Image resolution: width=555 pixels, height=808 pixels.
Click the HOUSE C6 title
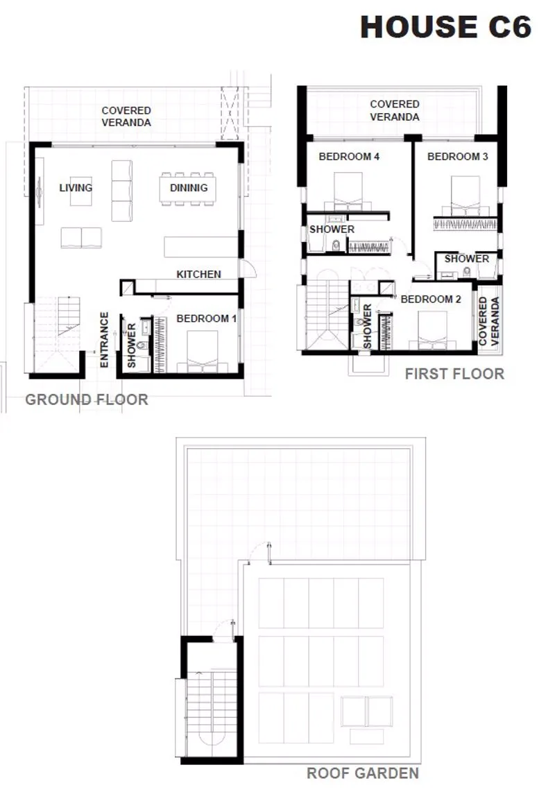pyautogui.click(x=446, y=27)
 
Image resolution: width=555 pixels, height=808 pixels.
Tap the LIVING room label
pyautogui.click(x=76, y=187)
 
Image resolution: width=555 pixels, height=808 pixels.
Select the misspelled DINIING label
pyautogui.click(x=189, y=187)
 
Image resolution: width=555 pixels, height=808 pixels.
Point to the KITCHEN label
pyautogui.click(x=199, y=274)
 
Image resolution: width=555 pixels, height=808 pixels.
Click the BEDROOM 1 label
pyautogui.click(x=206, y=318)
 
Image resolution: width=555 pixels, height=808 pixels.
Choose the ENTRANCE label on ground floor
pyautogui.click(x=104, y=340)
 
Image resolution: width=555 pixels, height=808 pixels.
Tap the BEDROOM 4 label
pyautogui.click(x=349, y=156)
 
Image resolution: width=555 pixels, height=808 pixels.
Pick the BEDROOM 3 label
pyautogui.click(x=458, y=156)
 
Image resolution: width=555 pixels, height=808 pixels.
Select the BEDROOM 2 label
pyautogui.click(x=431, y=299)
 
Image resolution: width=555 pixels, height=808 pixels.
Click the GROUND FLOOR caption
pyautogui.click(x=87, y=399)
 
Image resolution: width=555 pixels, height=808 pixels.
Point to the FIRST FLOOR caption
pyautogui.click(x=454, y=374)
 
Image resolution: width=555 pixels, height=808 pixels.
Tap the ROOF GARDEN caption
pyautogui.click(x=363, y=773)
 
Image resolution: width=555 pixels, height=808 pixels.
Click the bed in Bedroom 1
pyautogui.click(x=203, y=352)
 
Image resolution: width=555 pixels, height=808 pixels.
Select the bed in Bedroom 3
pyautogui.click(x=466, y=196)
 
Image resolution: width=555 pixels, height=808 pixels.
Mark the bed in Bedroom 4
pyautogui.click(x=348, y=191)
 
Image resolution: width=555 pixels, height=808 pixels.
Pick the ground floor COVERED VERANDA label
pyautogui.click(x=126, y=117)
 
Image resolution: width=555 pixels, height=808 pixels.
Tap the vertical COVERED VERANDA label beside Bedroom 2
pyautogui.click(x=489, y=321)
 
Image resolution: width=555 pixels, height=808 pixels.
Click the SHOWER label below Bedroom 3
pyautogui.click(x=467, y=259)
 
